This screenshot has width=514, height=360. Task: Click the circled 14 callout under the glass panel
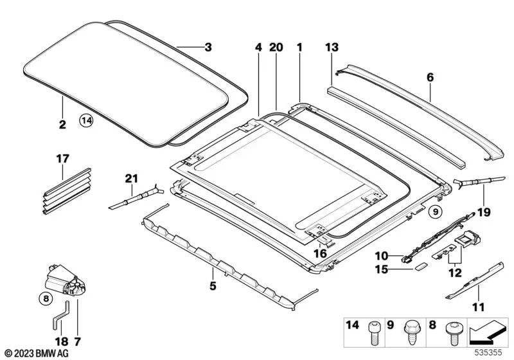pyautogui.click(x=87, y=120)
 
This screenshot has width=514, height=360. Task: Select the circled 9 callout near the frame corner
pyautogui.click(x=435, y=210)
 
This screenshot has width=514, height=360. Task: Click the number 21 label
pyautogui.click(x=132, y=178)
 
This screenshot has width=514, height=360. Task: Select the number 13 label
pyautogui.click(x=331, y=47)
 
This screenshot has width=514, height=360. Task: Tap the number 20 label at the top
pyautogui.click(x=276, y=47)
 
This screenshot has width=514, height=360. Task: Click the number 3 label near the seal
pyautogui.click(x=207, y=47)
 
